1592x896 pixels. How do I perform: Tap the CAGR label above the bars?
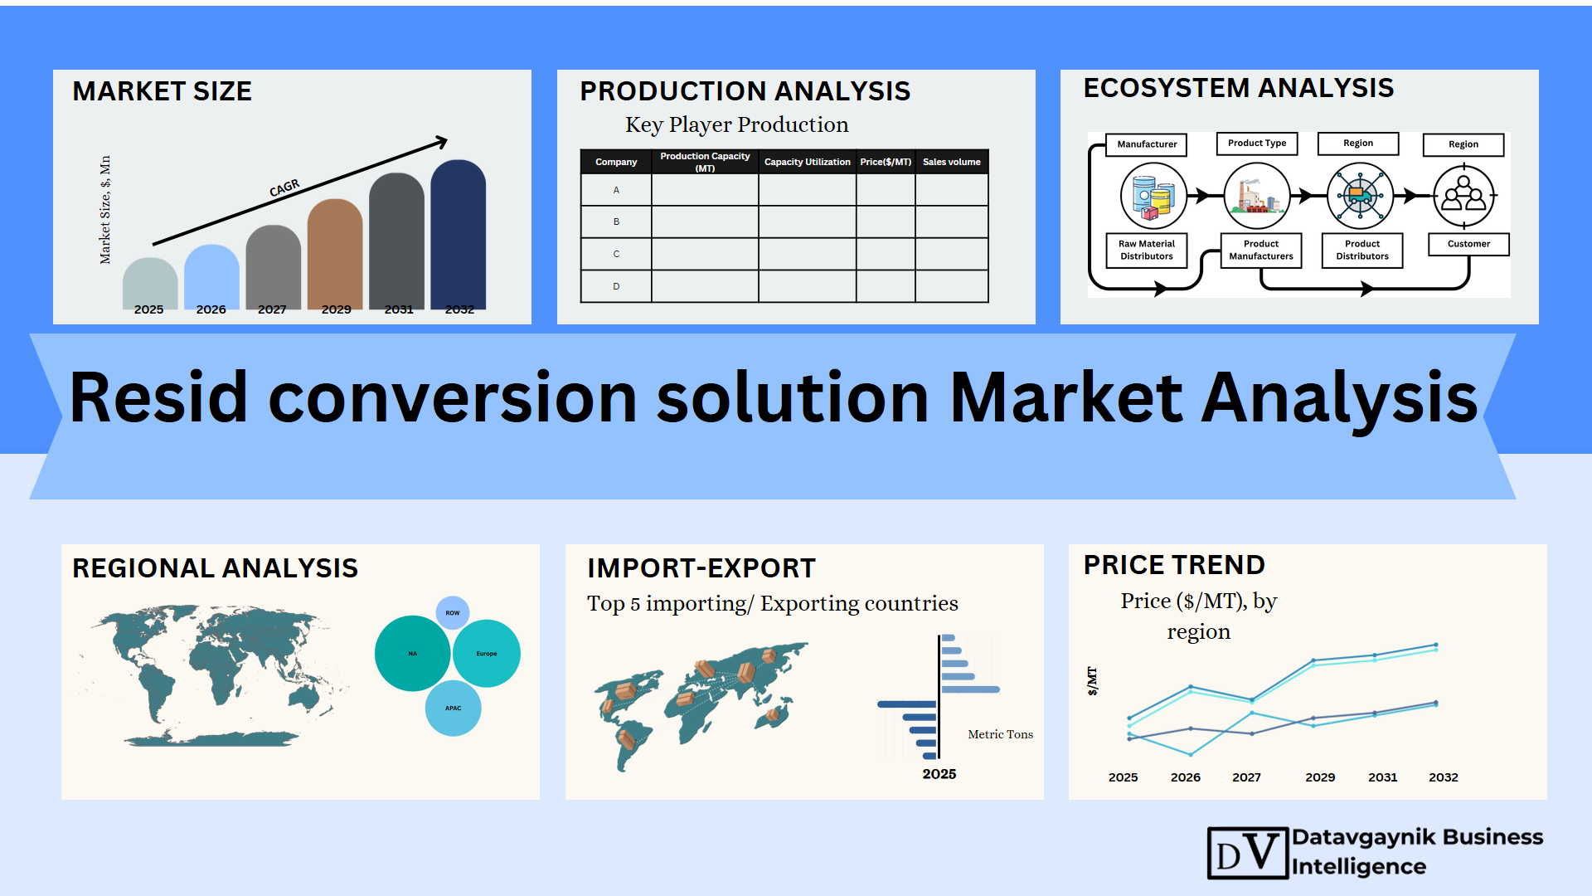[284, 188]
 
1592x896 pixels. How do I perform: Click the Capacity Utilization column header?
[807, 162]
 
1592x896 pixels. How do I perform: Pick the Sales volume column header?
[952, 162]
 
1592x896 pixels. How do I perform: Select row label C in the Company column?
[616, 254]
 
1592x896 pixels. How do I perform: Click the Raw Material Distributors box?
[1147, 250]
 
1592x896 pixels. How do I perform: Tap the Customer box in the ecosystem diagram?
[1468, 244]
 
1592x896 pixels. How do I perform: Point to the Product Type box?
[1257, 144]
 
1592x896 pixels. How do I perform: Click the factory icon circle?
[1257, 196]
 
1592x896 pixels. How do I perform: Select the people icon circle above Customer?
[1464, 196]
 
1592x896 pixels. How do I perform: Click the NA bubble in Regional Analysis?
[412, 653]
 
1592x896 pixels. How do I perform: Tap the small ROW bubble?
[453, 613]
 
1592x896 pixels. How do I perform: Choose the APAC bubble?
[453, 709]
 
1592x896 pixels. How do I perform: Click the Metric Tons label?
[1000, 734]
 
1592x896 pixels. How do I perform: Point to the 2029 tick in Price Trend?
[1320, 777]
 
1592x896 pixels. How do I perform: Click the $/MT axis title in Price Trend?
[1092, 680]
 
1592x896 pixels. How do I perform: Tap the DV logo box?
[1248, 853]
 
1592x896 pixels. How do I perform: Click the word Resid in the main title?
[158, 397]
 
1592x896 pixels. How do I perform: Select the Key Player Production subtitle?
[736, 124]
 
